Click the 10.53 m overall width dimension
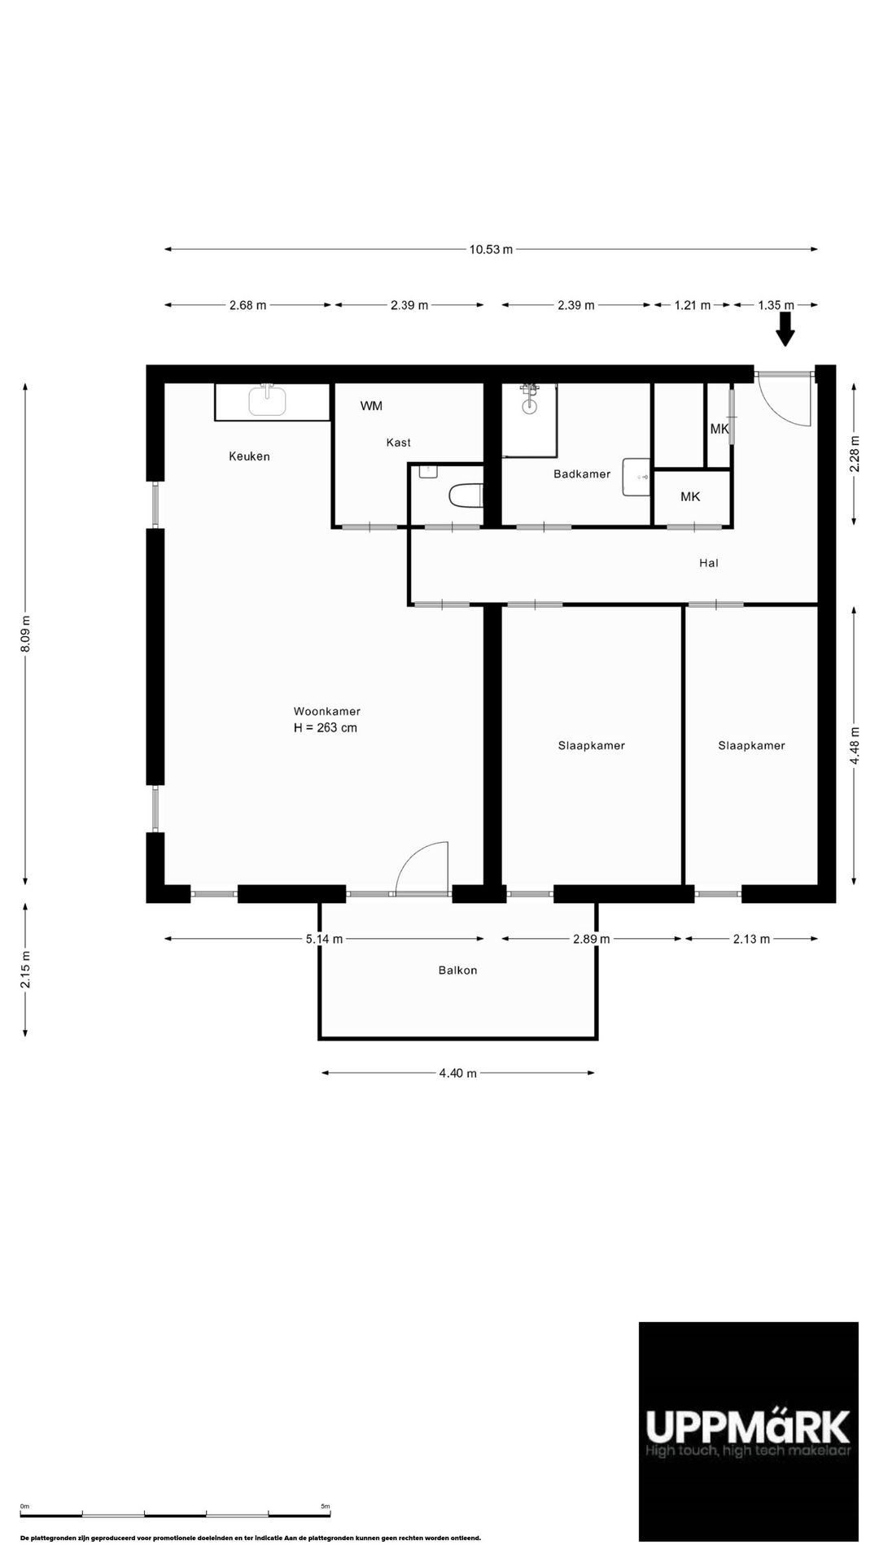coord(491,250)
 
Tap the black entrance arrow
coord(785,329)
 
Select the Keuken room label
coord(249,456)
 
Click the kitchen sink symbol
coord(267,400)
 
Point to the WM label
coord(371,406)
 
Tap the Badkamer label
coord(582,474)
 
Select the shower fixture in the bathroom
coord(530,397)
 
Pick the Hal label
coord(709,563)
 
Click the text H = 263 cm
coord(326,728)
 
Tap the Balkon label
coord(457,971)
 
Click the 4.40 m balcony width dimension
coord(457,1073)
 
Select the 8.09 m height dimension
coord(26,632)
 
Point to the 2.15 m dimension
coord(26,970)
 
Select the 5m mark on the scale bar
coord(326,1507)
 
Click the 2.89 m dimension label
coord(591,939)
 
